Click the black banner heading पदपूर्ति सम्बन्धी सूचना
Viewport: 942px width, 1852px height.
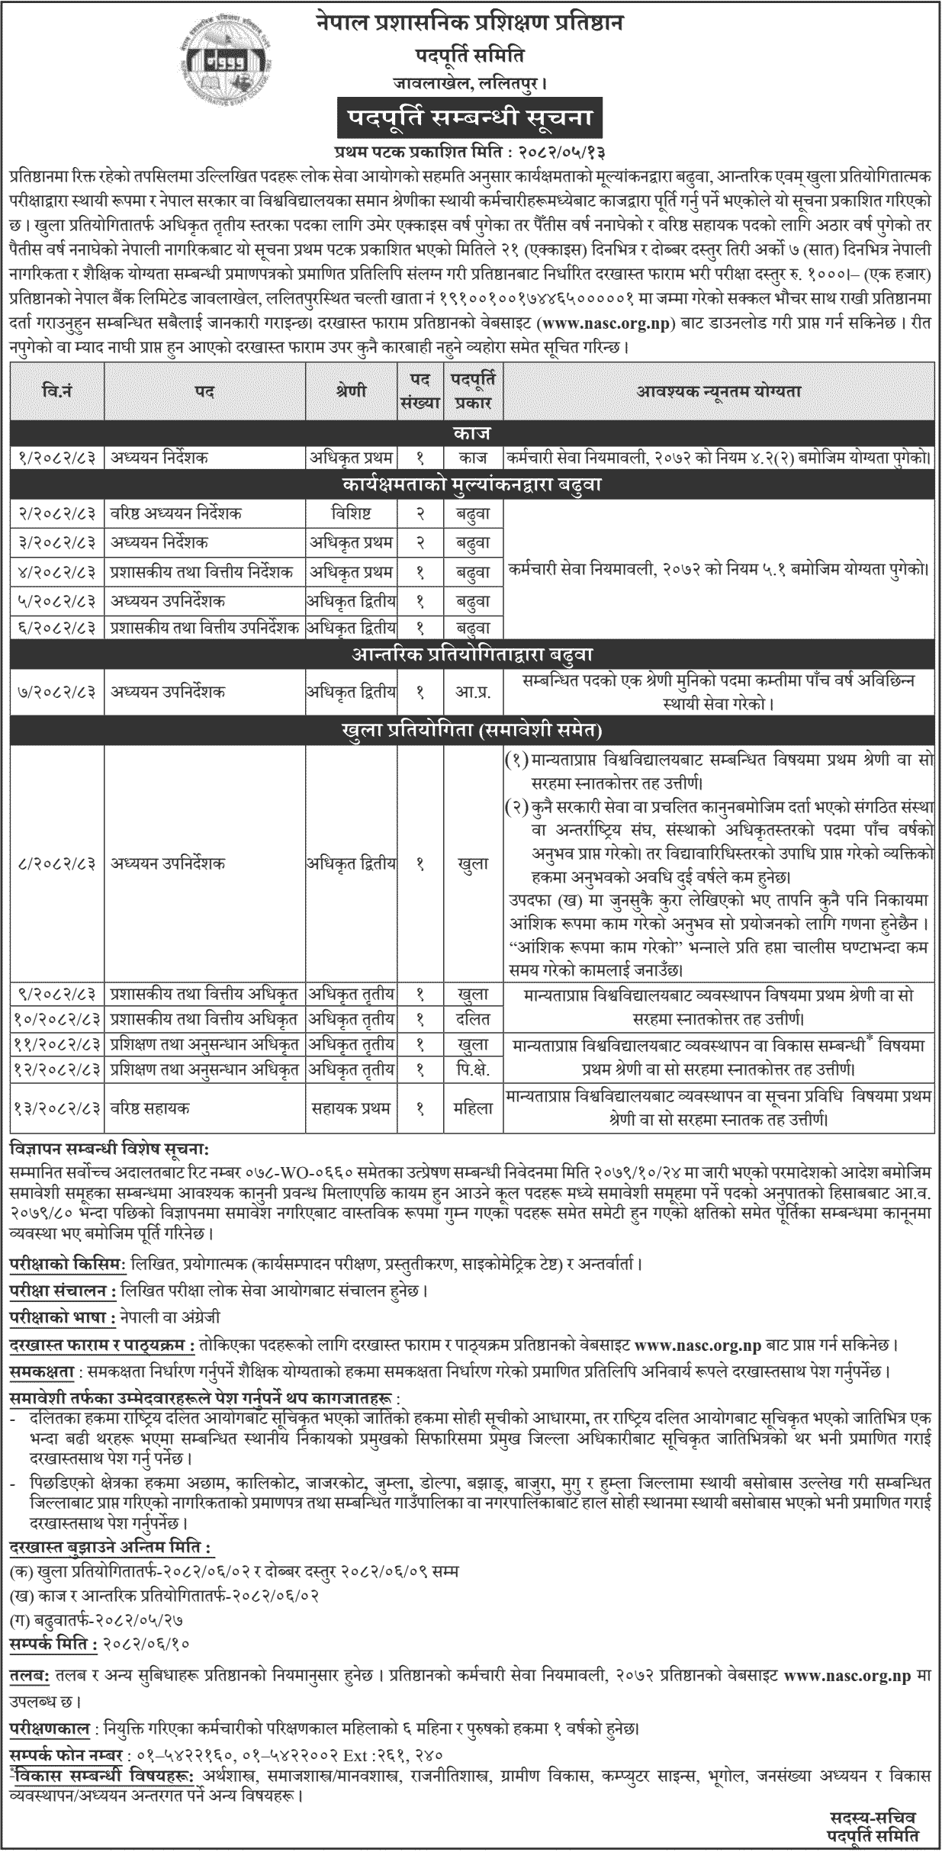tap(471, 121)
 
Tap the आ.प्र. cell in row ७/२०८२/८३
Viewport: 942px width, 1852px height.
tap(468, 691)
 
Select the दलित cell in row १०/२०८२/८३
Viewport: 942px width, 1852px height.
tap(468, 1019)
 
